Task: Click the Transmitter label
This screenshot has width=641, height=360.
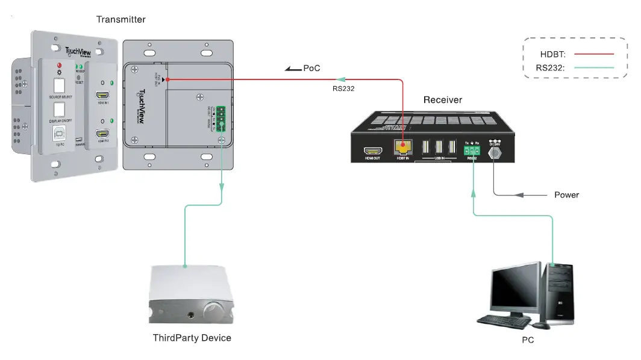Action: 121,20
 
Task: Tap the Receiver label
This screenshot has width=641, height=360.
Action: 442,99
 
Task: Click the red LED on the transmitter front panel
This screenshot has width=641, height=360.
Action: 59,64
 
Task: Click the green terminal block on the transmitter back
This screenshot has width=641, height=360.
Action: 221,118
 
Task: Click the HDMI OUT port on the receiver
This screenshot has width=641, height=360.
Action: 369,151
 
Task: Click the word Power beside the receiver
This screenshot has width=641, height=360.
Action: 566,195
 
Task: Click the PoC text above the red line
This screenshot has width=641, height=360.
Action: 311,69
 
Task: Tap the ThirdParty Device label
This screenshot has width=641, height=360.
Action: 192,338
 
